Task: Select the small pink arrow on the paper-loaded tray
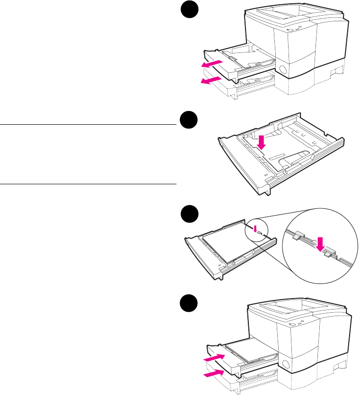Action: pos(255,229)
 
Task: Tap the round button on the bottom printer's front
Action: pos(285,365)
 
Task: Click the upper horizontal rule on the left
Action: pos(88,125)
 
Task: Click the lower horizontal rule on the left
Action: pos(88,183)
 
